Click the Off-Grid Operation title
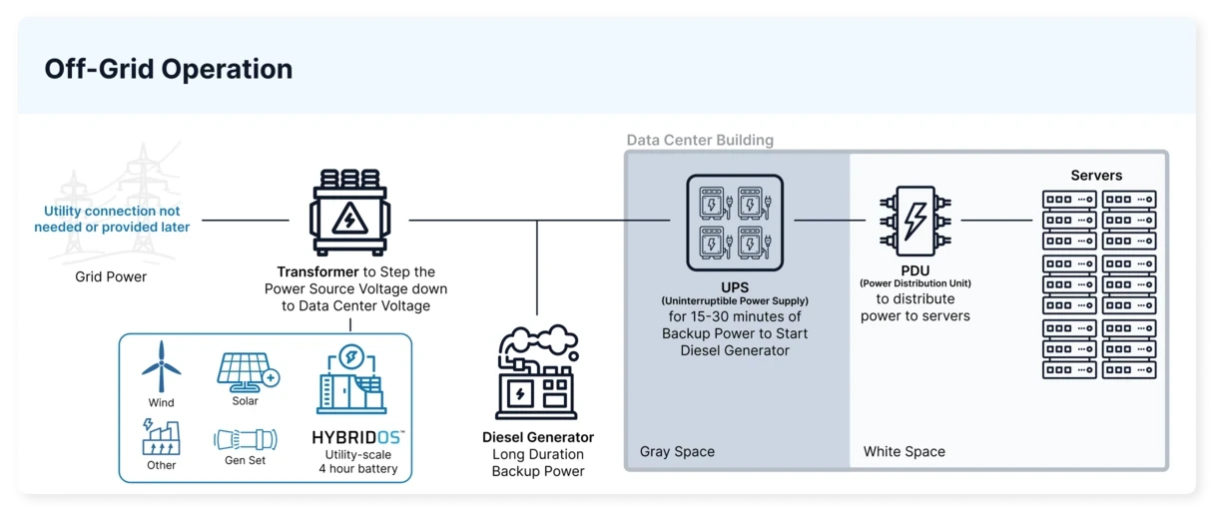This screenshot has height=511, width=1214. [168, 69]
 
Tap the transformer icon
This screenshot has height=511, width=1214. [347, 215]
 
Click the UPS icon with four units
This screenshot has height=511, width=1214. [734, 223]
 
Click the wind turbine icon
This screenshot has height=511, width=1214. [161, 366]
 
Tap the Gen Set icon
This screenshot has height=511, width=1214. [245, 439]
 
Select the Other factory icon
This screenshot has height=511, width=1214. [161, 437]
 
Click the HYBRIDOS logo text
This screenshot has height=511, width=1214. [357, 438]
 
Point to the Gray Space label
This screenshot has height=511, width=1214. [677, 452]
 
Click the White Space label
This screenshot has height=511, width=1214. [904, 452]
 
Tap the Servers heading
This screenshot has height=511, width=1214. [1096, 176]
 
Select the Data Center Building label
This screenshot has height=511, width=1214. [700, 140]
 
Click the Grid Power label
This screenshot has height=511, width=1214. [111, 276]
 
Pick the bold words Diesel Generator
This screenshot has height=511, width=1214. [537, 437]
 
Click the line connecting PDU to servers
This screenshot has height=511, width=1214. [995, 220]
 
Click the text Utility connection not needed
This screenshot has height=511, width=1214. [112, 219]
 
